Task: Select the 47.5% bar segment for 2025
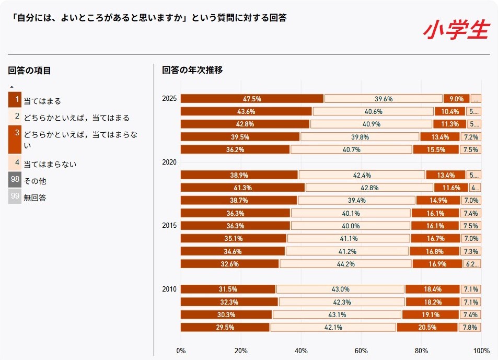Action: coord(252,99)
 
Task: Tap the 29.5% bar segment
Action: coord(225,328)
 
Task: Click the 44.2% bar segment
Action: coord(345,264)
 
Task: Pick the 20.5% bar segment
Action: coord(427,328)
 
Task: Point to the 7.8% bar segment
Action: coord(470,328)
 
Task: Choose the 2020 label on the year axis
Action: coord(169,162)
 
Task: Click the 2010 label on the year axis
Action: coord(169,289)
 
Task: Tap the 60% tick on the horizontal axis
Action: coord(361,351)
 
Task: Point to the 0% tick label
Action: coord(181,351)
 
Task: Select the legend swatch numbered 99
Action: coord(15,197)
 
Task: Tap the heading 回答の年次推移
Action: coord(192,70)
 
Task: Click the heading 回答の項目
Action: coord(29,71)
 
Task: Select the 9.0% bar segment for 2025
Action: coord(456,99)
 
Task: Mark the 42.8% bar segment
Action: coord(245,124)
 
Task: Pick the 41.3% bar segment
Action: coord(242,188)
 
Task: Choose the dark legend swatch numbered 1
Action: coord(15,99)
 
